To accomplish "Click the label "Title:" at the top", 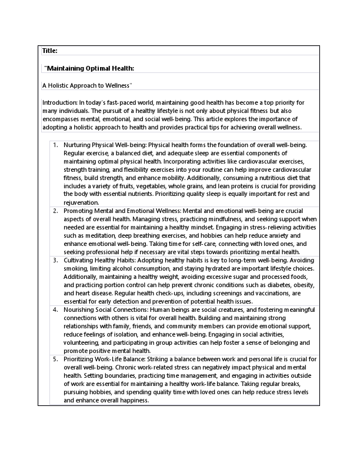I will (49, 51).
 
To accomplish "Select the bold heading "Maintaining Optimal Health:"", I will (90, 68).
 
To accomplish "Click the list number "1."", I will (55, 144).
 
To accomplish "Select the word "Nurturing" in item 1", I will (77, 144).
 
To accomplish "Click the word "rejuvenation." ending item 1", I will (81, 202).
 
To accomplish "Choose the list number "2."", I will (55, 210).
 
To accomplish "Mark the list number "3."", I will (55, 260).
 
